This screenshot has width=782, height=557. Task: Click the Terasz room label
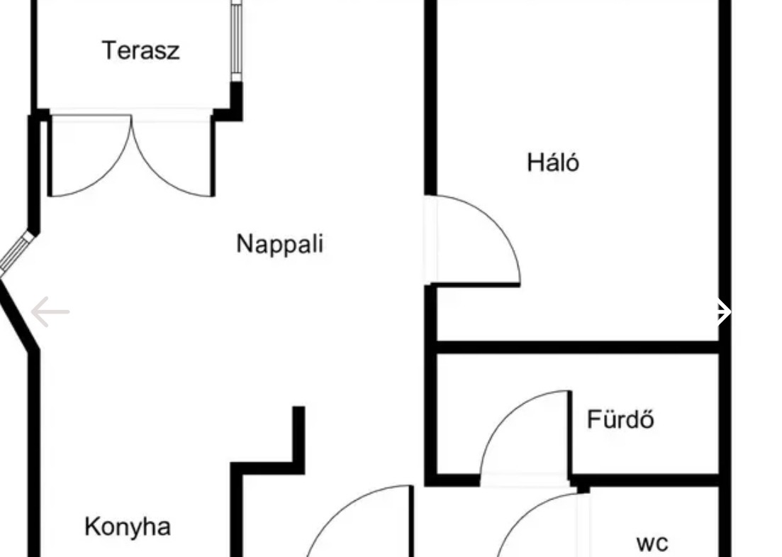[x=140, y=50]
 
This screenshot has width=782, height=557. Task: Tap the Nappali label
[x=279, y=243]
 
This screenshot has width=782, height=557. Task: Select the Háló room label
[x=553, y=162]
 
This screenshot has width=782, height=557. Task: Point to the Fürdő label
[x=620, y=419]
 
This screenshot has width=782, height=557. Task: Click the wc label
[x=652, y=544]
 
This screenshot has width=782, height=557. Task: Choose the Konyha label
[x=128, y=526]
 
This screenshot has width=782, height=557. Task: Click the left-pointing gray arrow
[x=50, y=311]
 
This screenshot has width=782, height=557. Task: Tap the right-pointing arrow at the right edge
[x=721, y=311]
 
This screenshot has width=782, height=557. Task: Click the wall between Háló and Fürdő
[x=578, y=347]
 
